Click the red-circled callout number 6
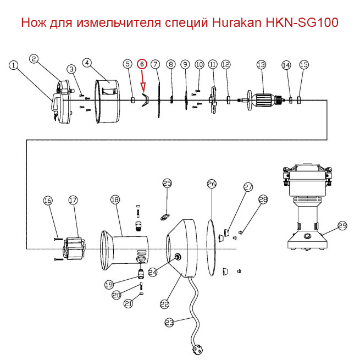tap(142, 64)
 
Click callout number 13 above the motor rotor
tap(261, 65)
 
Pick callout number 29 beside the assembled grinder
tap(342, 226)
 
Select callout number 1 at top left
tap(14, 65)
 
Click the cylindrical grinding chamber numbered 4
tap(110, 101)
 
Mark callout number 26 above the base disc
tap(212, 184)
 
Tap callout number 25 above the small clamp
tap(167, 183)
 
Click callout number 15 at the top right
tap(304, 65)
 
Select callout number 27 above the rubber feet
tap(248, 187)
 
